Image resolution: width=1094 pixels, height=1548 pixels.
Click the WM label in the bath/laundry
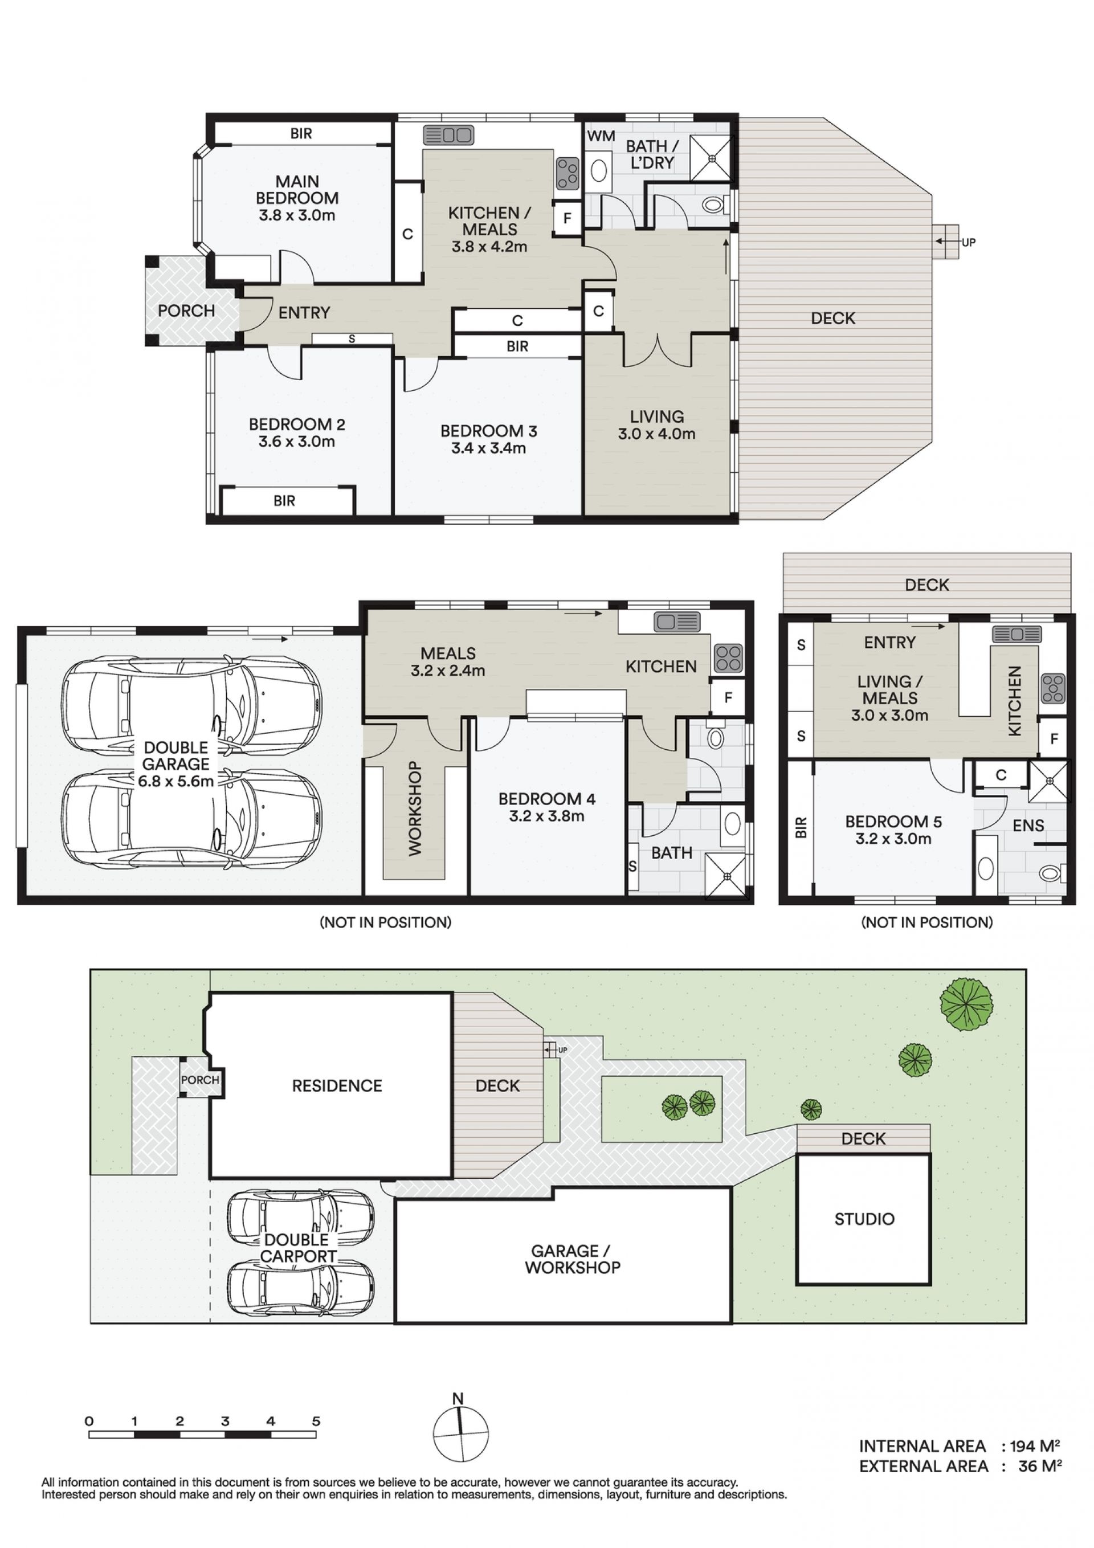[x=601, y=136]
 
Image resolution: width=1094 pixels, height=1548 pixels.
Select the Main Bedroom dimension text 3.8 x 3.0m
[x=297, y=216]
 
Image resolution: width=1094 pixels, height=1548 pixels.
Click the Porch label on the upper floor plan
[x=186, y=311]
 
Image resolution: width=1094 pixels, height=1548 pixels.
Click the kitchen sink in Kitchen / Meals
[x=448, y=135]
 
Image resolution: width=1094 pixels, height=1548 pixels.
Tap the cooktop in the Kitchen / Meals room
[x=568, y=173]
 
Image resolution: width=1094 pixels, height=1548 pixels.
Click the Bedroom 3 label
[x=488, y=431]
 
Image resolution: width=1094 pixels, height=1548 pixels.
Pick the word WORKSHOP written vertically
[x=415, y=808]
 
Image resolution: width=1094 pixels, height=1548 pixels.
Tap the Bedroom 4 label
[x=546, y=799]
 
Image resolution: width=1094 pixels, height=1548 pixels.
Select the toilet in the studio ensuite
[x=1052, y=874]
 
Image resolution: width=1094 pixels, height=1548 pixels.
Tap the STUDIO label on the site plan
[x=864, y=1219]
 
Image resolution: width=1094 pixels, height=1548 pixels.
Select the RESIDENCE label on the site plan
[x=337, y=1085]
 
